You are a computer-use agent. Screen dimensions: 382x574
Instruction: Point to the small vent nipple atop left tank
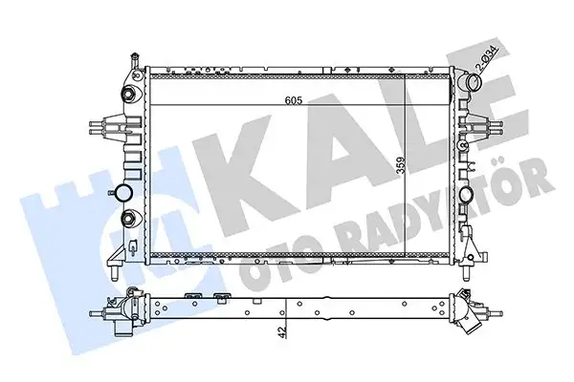(132, 62)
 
